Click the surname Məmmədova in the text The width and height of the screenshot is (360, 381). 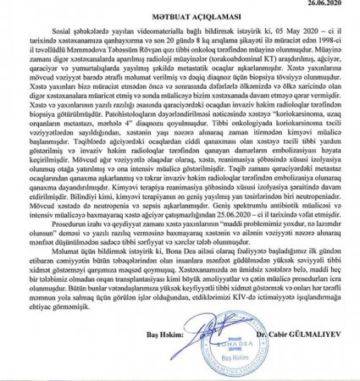pyautogui.click(x=75, y=55)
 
